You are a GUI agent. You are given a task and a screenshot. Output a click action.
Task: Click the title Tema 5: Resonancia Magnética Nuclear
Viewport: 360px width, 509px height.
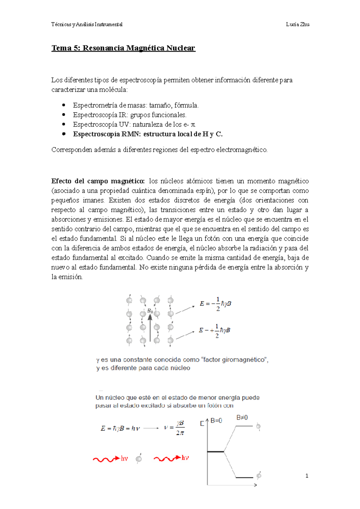(123, 48)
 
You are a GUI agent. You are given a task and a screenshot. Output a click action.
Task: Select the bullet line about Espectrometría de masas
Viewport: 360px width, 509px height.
(136, 105)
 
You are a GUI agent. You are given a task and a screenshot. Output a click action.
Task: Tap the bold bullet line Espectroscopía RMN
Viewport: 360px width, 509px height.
(148, 134)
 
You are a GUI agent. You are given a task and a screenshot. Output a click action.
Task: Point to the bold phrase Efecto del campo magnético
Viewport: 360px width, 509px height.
(98, 181)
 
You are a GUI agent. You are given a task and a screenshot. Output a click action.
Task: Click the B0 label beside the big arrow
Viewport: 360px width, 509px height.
(150, 311)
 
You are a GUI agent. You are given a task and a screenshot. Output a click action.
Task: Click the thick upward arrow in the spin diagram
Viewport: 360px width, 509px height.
(150, 327)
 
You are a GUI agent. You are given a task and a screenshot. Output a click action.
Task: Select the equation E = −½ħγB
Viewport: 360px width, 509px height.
(215, 304)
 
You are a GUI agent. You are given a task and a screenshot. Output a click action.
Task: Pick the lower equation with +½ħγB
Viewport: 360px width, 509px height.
(214, 330)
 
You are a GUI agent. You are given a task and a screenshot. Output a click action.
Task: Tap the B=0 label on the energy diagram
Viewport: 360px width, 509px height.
(216, 421)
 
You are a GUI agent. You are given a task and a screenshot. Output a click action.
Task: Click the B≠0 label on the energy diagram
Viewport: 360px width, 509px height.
(242, 417)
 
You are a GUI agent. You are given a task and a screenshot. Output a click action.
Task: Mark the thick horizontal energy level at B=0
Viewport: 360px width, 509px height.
(215, 451)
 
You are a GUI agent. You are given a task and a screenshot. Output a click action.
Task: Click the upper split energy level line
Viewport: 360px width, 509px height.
(244, 426)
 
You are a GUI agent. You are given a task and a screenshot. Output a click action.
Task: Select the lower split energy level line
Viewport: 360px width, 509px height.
(244, 477)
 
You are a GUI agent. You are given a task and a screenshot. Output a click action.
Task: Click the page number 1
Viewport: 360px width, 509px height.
(307, 476)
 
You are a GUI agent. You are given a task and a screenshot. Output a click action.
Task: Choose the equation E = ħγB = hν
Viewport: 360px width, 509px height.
(120, 428)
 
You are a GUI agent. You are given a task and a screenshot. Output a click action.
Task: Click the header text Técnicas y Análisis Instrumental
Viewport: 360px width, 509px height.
(87, 25)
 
